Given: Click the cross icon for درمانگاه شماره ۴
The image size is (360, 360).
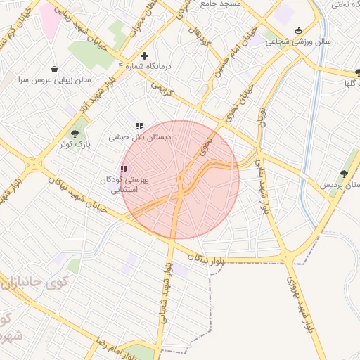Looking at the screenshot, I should click(x=144, y=56).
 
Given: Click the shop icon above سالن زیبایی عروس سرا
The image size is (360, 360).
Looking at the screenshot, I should click(x=55, y=69).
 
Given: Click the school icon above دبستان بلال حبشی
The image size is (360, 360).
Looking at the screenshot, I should click(x=139, y=126).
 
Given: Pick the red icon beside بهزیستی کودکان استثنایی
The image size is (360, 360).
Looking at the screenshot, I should click(x=124, y=169).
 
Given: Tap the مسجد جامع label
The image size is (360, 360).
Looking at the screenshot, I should click(x=220, y=4).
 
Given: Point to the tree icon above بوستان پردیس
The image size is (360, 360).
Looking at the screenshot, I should click(x=344, y=173).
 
